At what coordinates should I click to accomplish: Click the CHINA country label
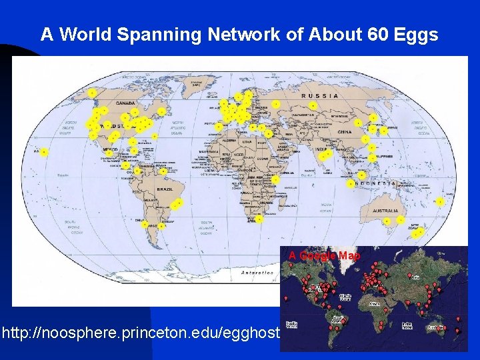tap(345, 132)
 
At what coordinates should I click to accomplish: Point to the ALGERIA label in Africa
tap(229, 141)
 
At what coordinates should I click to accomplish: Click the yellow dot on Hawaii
tap(44, 152)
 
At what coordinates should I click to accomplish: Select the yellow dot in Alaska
tap(92, 93)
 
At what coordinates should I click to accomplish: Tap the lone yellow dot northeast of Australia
tap(440, 201)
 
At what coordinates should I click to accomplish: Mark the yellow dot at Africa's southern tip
tap(259, 219)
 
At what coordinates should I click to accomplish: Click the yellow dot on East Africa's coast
tap(275, 179)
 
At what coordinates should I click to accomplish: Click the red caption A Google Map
tap(324, 256)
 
